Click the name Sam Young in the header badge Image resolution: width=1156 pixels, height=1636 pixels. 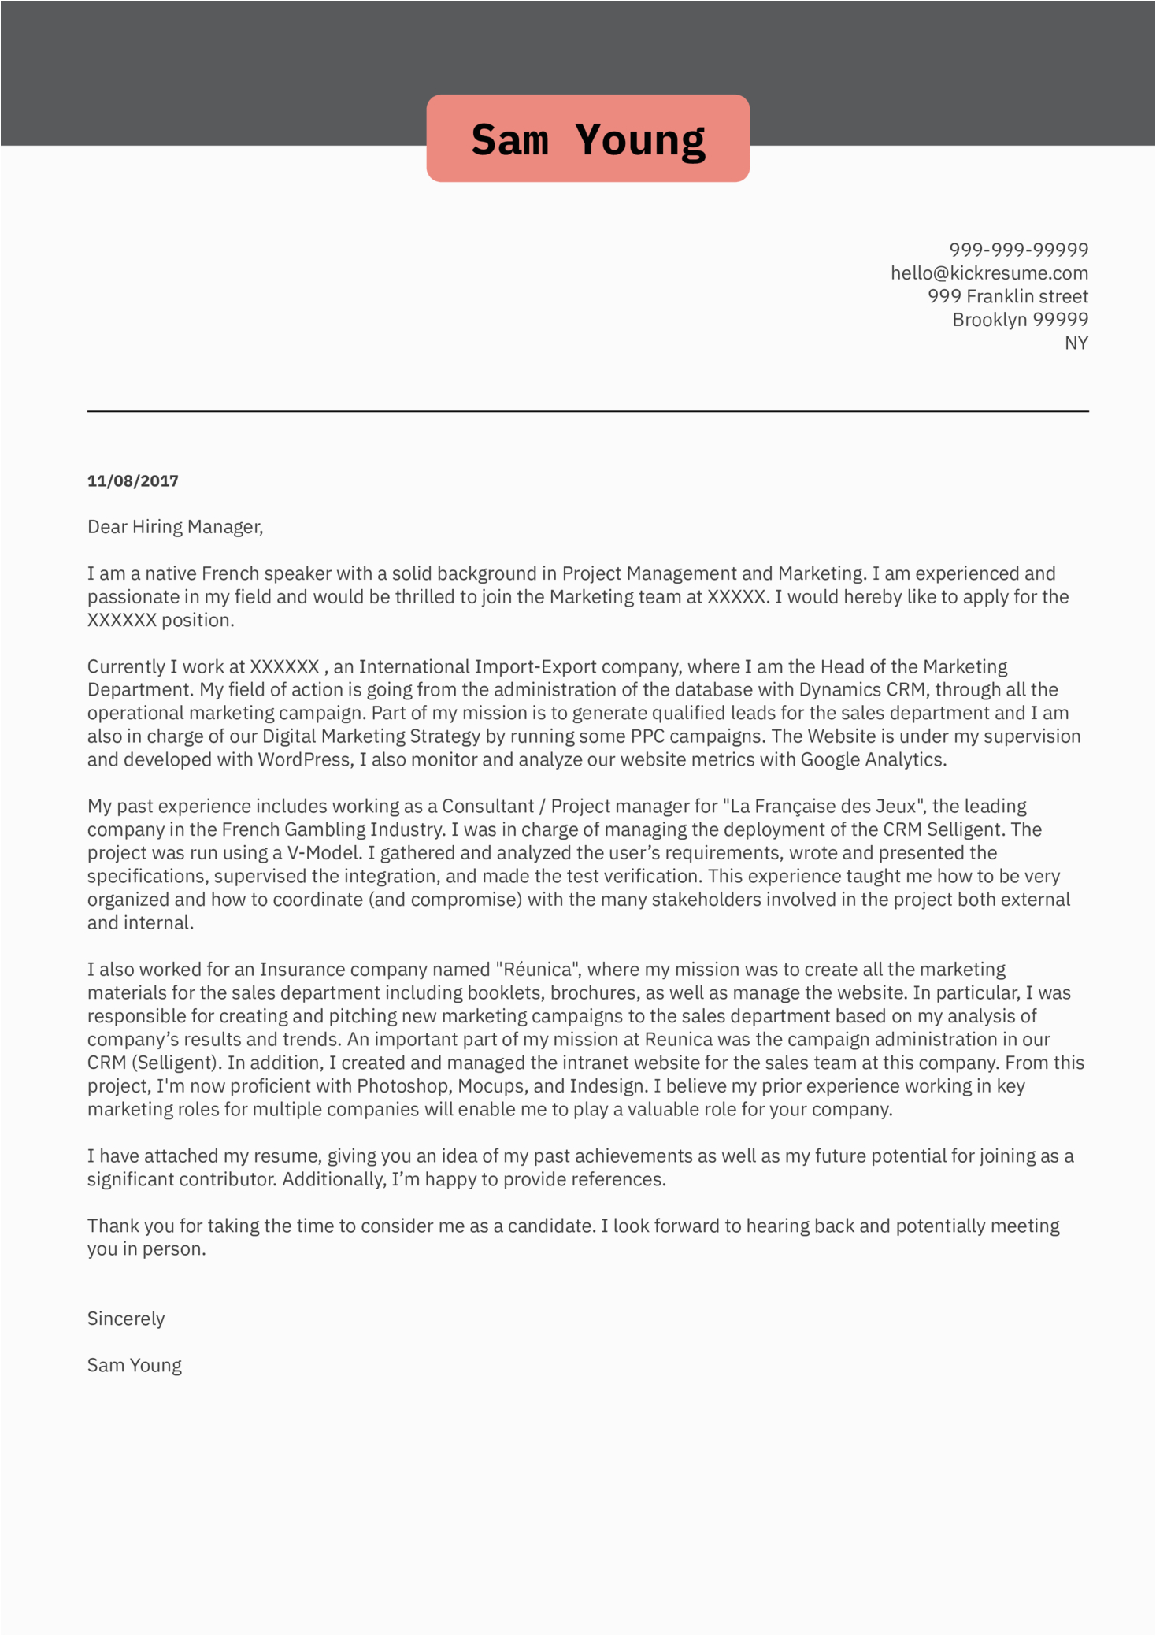587,140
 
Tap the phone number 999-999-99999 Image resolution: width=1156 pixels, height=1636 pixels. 1018,250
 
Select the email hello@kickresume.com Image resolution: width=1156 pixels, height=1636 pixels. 989,273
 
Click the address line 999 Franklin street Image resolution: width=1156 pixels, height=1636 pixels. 1007,296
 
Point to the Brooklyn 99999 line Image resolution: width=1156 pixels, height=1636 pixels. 1020,320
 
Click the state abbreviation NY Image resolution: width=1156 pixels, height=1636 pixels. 1076,343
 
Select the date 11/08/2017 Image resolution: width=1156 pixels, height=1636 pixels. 133,480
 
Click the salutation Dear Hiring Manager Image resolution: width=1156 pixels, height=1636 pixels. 175,527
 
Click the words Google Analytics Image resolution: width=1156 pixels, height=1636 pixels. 872,760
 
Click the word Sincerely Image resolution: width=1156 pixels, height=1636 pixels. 126,1319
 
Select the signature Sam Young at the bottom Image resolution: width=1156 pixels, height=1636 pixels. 135,1366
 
